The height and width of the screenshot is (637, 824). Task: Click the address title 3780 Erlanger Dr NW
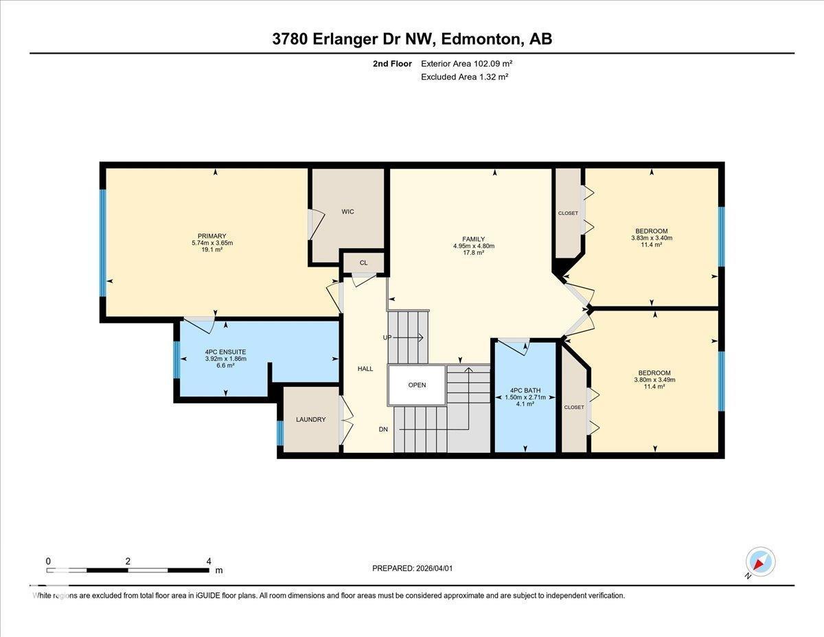coord(412,39)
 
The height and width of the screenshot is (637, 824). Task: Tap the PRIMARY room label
coord(211,236)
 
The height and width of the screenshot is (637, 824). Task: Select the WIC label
coord(348,212)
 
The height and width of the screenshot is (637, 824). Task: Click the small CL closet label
coord(363,263)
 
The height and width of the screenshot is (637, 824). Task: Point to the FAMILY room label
coord(474,239)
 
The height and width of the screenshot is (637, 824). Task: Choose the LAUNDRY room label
coord(310,420)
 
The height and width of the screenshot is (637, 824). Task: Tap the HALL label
coord(365,369)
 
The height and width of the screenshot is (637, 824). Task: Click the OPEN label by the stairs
coord(417,385)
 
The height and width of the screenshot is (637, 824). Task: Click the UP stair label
coord(387,337)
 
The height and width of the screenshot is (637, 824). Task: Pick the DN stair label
coord(384,429)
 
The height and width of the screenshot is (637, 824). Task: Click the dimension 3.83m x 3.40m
coord(652,238)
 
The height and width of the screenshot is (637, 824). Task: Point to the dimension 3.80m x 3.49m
coord(654,380)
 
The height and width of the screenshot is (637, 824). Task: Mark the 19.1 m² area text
coord(211,250)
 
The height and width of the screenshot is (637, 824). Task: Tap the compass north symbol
coord(760,561)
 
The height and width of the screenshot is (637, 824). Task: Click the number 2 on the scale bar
coord(128,561)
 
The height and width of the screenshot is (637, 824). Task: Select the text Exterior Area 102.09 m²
coord(467,64)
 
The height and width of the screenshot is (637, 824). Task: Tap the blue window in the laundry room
coord(280,433)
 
